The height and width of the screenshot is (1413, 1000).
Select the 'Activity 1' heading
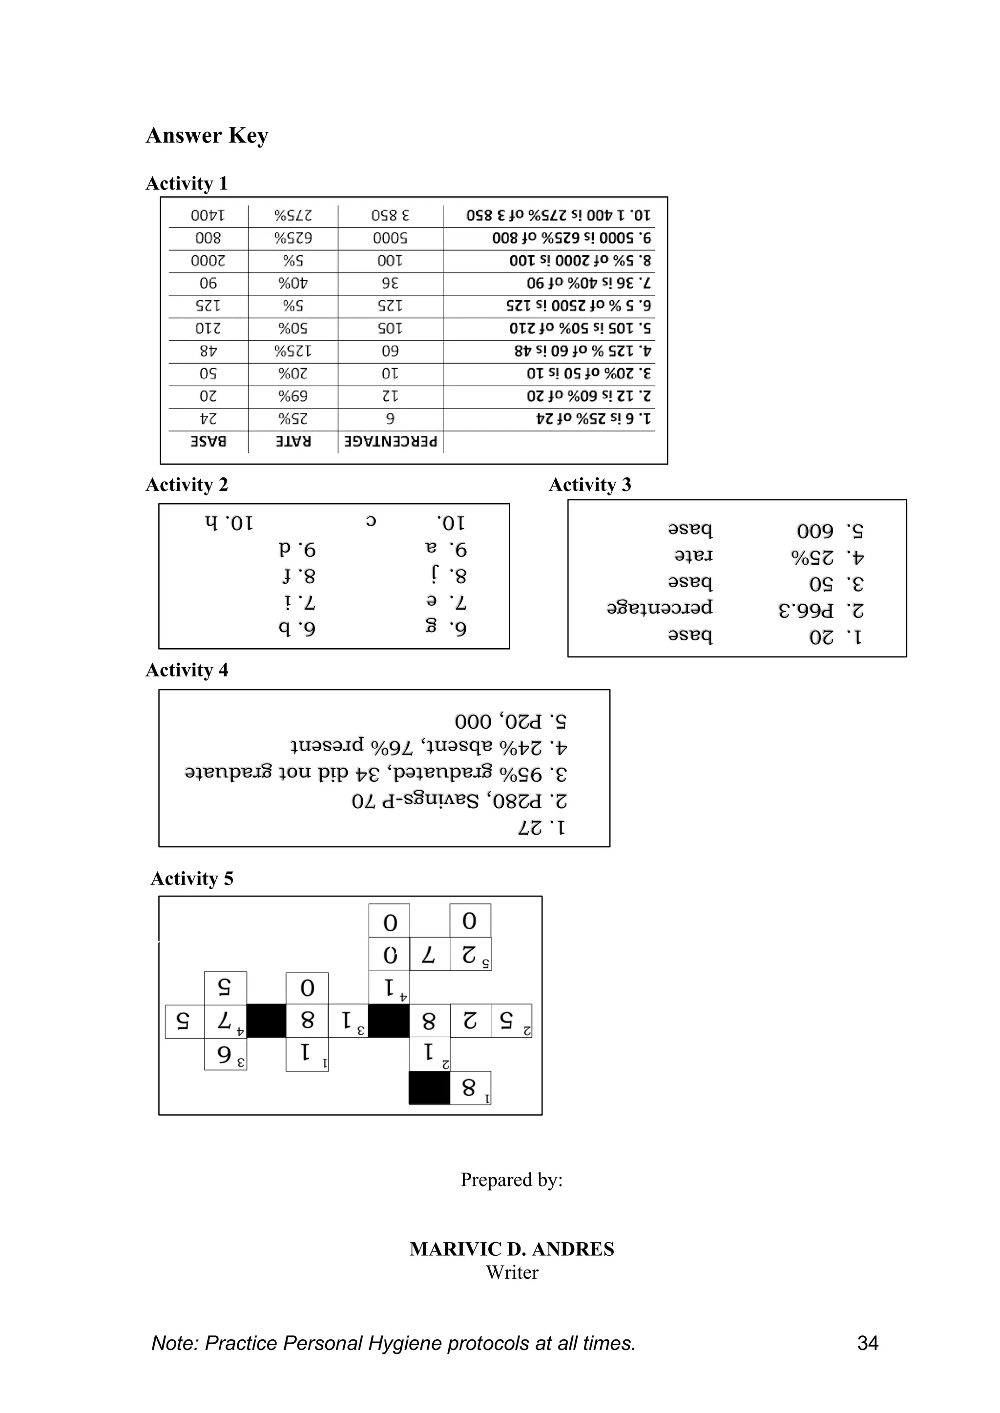click(187, 184)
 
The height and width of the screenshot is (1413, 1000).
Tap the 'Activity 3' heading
click(590, 485)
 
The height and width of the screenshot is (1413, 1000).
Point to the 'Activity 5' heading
click(192, 878)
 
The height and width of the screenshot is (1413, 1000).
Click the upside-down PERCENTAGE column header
click(391, 442)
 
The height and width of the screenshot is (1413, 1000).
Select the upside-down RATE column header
click(293, 442)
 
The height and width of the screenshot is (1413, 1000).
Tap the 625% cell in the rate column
click(293, 238)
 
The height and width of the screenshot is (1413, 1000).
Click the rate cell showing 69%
click(293, 396)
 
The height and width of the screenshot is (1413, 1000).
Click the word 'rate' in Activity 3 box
click(693, 555)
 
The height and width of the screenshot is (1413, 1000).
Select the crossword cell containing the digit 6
click(226, 1055)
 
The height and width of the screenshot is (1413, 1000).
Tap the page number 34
click(868, 1343)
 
